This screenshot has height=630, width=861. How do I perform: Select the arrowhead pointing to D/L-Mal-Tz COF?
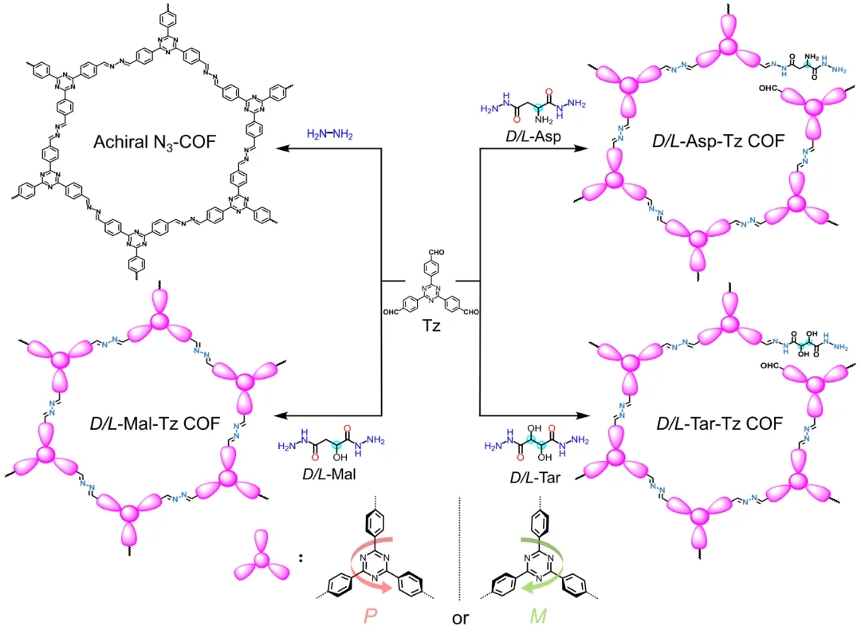(279, 415)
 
